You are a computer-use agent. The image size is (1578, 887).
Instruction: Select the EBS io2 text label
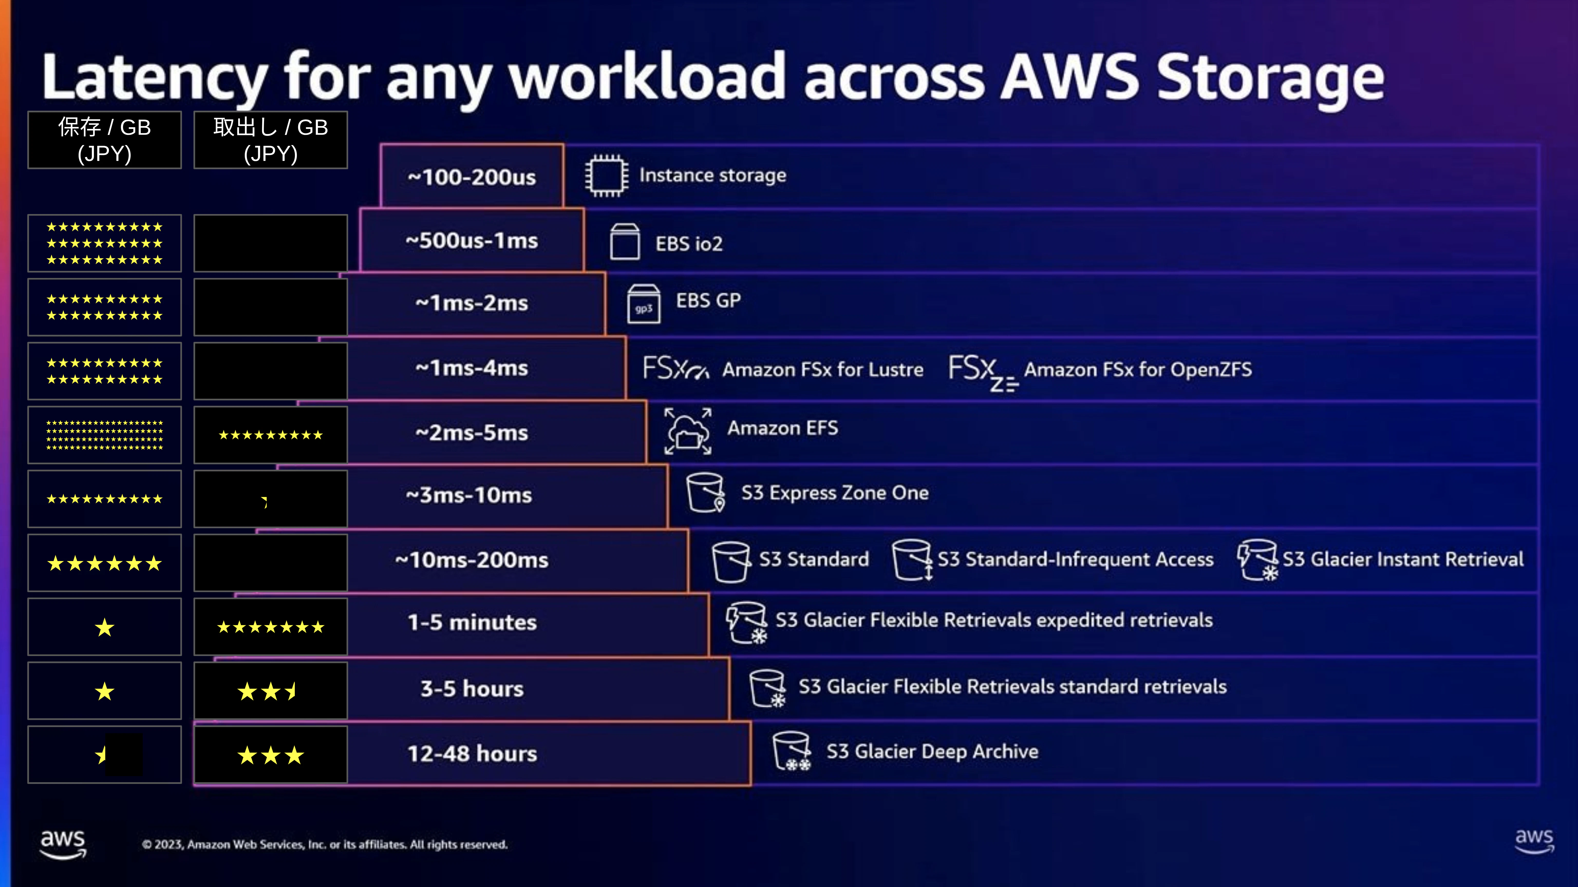click(x=689, y=244)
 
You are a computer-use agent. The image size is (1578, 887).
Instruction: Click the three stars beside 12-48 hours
click(x=271, y=755)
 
